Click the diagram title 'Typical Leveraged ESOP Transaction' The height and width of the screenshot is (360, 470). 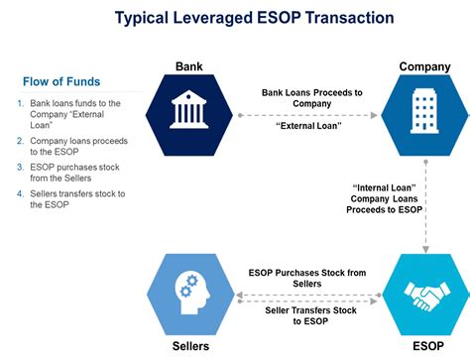[240, 18]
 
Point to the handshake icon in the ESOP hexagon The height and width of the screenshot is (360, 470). [424, 295]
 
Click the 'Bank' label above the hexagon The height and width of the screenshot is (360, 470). [188, 66]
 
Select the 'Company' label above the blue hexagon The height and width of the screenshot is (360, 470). [424, 66]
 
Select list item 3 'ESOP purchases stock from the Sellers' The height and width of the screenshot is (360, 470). [72, 173]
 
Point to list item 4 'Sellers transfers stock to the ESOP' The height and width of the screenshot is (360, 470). [72, 198]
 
